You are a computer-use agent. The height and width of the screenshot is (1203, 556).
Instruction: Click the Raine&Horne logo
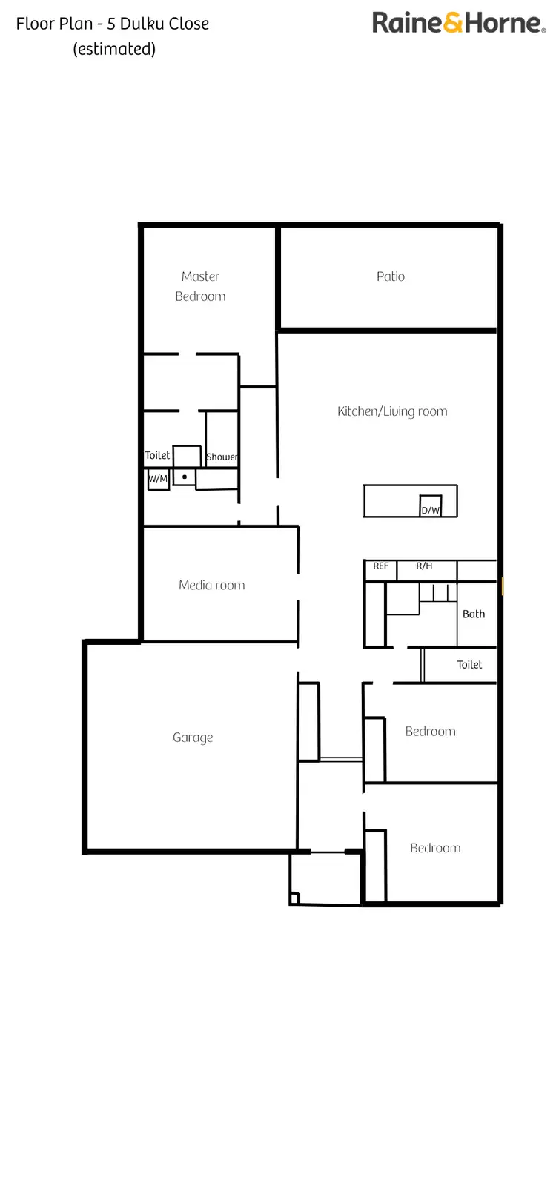coord(458,22)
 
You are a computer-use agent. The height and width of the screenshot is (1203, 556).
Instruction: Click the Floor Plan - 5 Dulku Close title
coord(113,24)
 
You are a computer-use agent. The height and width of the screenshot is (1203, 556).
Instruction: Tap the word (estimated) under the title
coord(114,49)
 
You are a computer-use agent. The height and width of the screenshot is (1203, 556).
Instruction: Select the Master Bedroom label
coord(200,286)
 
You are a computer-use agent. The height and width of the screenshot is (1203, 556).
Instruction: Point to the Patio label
coord(391,276)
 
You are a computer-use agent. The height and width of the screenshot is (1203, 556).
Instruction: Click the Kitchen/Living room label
coord(392,411)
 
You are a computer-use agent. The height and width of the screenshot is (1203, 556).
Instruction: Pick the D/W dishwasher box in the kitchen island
coord(431,506)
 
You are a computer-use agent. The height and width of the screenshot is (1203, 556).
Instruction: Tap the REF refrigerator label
coord(380,566)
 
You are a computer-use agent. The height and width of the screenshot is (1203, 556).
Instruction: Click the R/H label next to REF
coord(424,566)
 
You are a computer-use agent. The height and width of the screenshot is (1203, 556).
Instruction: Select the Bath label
coord(474,614)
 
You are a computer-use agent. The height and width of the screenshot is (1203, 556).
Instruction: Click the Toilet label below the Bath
coord(469,665)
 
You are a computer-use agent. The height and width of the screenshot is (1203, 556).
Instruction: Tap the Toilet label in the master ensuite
coord(157,455)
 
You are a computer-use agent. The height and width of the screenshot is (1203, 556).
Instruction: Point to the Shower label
coord(222,457)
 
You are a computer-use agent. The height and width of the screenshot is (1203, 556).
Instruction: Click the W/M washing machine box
coord(158,479)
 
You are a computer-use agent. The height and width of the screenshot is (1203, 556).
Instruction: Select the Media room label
coord(212,585)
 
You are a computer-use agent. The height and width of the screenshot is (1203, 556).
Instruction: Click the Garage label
coord(193,738)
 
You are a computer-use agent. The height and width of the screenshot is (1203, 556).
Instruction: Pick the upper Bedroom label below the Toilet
coord(430,732)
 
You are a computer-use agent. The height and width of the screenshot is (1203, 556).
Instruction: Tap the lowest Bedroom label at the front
coord(435,848)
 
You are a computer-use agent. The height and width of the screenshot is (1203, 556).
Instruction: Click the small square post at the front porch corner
coord(294,899)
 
